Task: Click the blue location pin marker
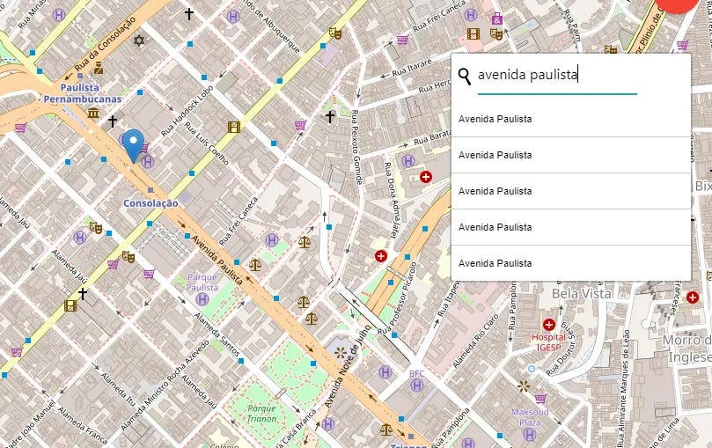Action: pos(134,143)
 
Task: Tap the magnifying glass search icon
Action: pos(465,76)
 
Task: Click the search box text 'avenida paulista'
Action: pos(527,76)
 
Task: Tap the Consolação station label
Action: pos(150,203)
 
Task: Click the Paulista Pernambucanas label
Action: pos(84,93)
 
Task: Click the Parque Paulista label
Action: pos(202,282)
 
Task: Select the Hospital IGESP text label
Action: pos(549,342)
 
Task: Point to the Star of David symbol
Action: pos(137,40)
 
